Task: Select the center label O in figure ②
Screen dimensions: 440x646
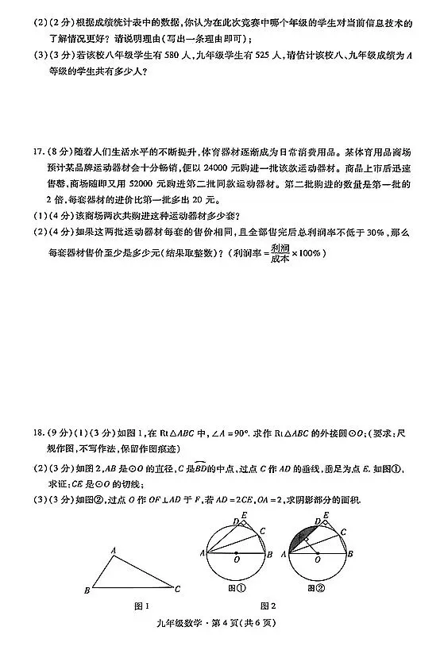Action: (x=317, y=559)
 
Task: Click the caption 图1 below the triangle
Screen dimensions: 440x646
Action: (x=141, y=607)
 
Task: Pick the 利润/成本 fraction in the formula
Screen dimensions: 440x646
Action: (x=280, y=253)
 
